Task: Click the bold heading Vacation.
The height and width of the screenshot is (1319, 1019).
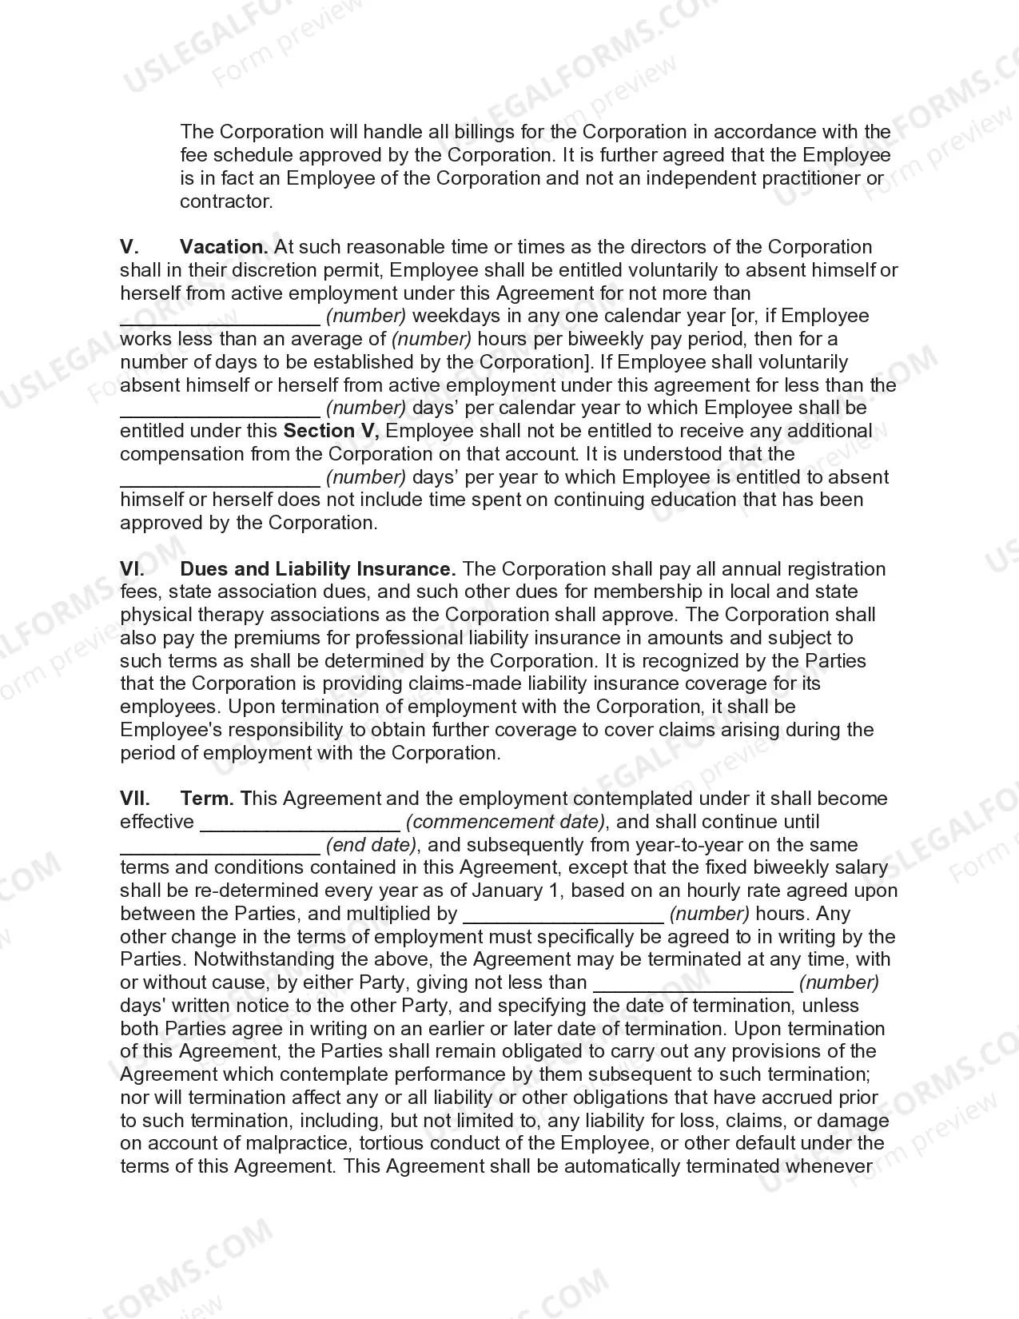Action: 224,247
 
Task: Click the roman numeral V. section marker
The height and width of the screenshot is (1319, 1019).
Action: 129,247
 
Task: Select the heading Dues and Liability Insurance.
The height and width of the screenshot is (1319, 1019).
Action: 318,569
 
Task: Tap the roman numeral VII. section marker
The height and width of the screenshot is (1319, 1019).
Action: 135,799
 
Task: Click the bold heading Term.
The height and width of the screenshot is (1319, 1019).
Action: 207,799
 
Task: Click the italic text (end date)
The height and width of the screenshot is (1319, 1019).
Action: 372,845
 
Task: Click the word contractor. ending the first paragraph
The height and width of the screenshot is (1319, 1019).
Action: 226,201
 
